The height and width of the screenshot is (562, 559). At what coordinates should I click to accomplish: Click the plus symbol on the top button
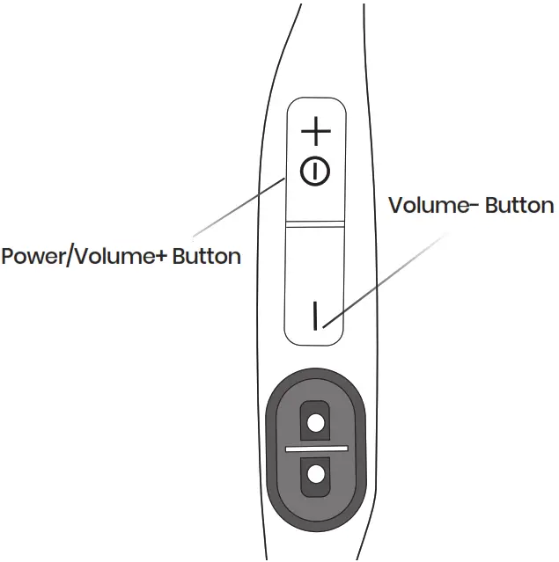point(315,134)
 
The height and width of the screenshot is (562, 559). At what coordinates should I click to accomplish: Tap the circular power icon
point(315,171)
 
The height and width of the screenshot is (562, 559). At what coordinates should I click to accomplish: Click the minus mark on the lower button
point(314,315)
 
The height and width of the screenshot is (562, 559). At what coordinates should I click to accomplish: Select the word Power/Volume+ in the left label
point(85,257)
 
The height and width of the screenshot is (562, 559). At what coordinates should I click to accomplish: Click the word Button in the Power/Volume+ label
point(207,257)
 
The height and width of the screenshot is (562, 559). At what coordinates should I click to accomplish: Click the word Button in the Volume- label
point(519,206)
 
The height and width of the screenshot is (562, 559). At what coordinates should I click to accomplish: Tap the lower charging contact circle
point(314,475)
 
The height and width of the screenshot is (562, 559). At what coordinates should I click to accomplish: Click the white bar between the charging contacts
point(315,449)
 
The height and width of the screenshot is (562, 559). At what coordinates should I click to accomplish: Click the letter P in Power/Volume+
point(8,257)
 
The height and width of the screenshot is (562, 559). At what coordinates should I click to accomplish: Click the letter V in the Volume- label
point(395,206)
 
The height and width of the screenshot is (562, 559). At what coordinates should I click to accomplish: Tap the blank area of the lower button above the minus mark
point(314,264)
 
